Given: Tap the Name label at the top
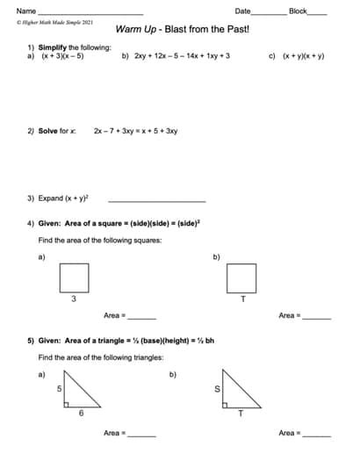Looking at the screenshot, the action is pos(26,11).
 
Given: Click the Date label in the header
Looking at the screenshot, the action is pos(243,11).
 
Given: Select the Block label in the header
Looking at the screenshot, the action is pos(298,11).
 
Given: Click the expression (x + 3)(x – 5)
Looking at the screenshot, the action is pos(61,55).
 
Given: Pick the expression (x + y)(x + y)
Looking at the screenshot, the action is pos(303,55).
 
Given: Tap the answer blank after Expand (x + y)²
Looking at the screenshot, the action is pos(155,198).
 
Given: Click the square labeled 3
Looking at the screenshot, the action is pos(74,278).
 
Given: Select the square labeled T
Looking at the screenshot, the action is pos(241,278).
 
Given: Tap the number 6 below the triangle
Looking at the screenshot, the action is pos(81,413).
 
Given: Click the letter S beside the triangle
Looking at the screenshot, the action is pos(218,388).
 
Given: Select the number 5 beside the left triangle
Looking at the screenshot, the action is pos(59,387).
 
